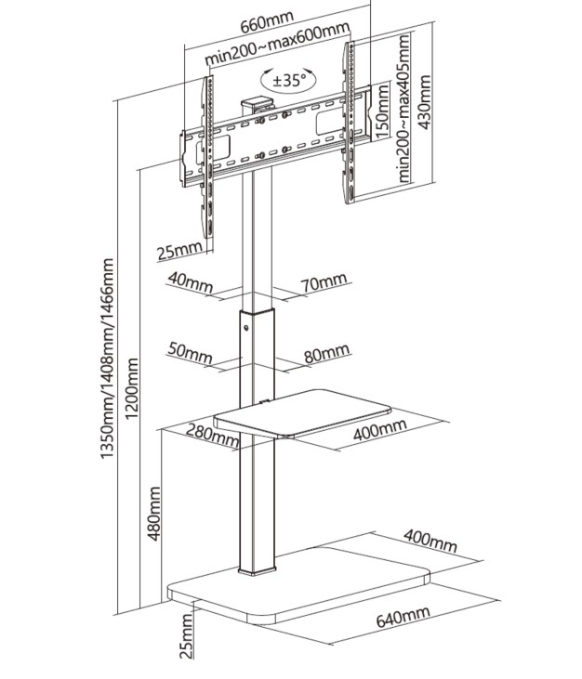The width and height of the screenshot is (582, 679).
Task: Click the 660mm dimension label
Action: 267,18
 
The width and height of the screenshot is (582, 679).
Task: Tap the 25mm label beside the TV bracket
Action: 179,251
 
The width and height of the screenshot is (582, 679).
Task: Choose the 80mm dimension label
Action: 326,353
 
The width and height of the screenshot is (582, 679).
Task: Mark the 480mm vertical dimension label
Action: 155,513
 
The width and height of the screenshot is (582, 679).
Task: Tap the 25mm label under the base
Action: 186,640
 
